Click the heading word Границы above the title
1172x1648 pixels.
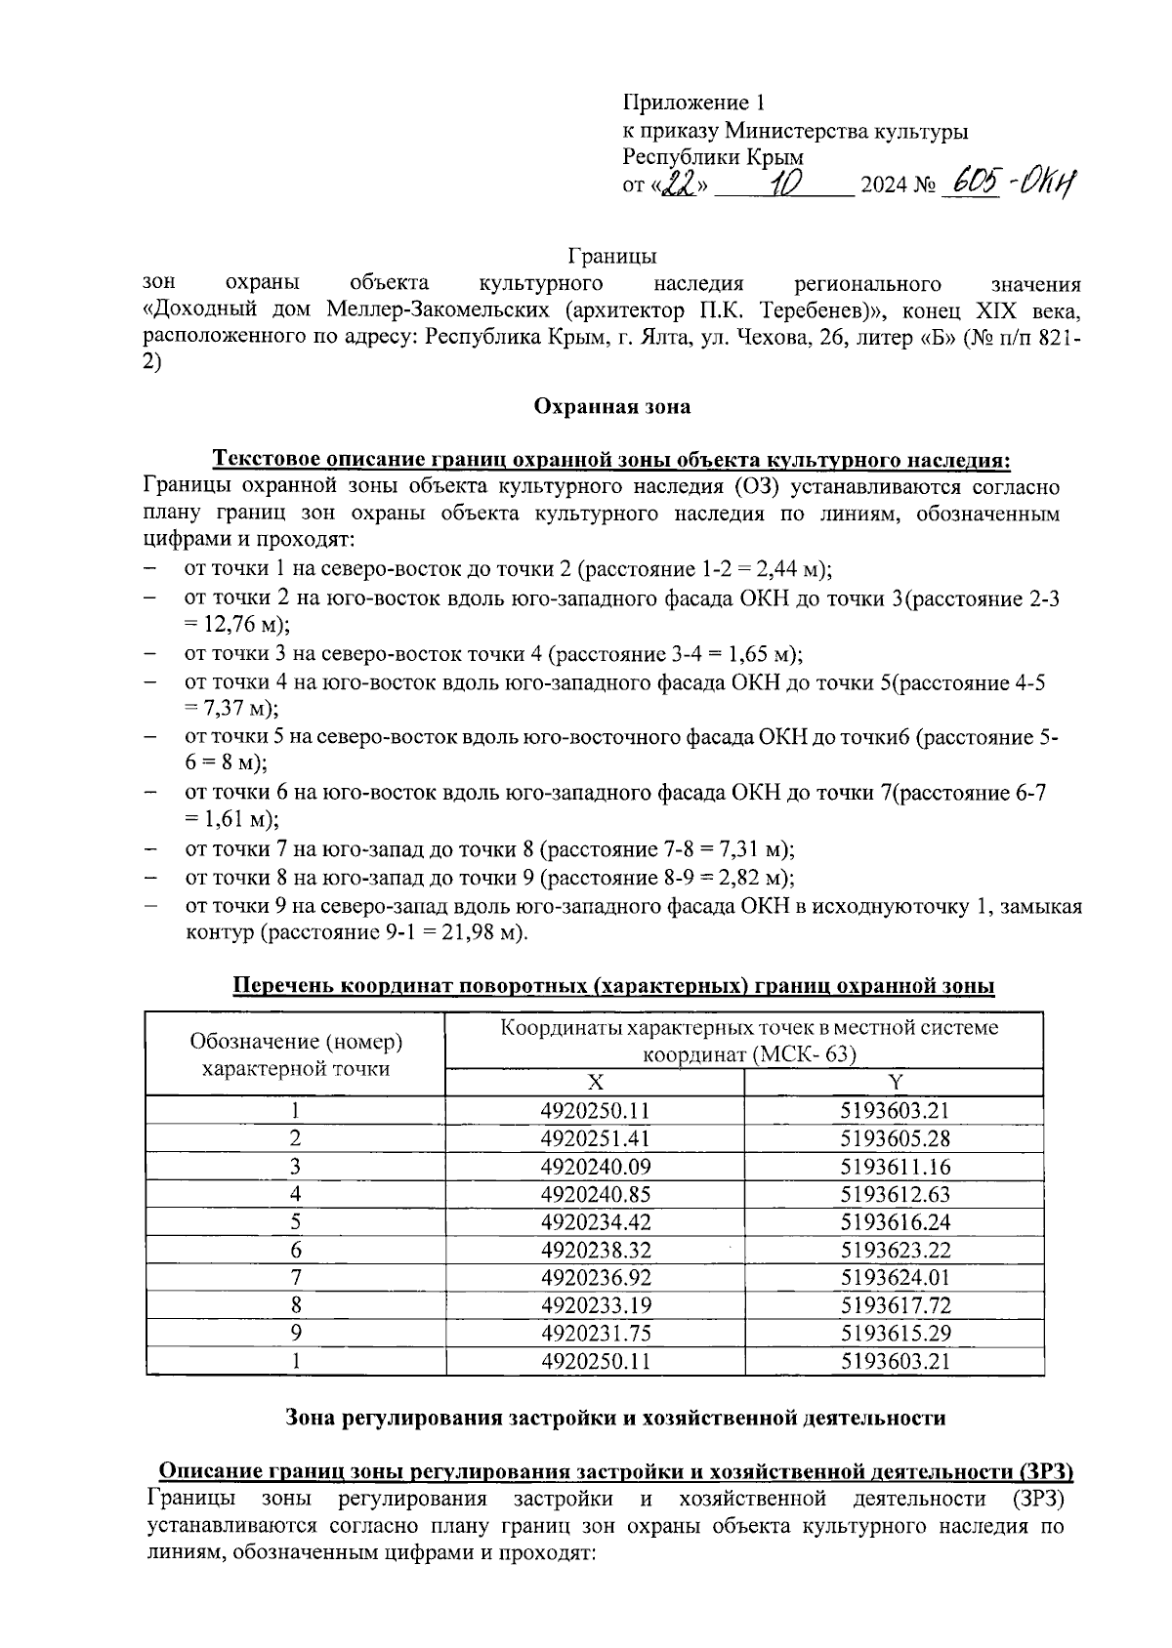click(612, 257)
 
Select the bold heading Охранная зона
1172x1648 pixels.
click(612, 407)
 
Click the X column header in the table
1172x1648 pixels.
click(594, 1082)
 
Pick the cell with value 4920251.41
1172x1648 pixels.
click(594, 1138)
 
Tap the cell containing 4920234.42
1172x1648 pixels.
click(594, 1221)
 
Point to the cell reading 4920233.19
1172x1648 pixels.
click(594, 1305)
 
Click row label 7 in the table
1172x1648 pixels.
click(295, 1277)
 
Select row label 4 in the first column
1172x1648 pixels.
click(295, 1194)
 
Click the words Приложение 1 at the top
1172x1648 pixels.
click(694, 103)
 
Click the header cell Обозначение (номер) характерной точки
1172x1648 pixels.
click(295, 1054)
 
